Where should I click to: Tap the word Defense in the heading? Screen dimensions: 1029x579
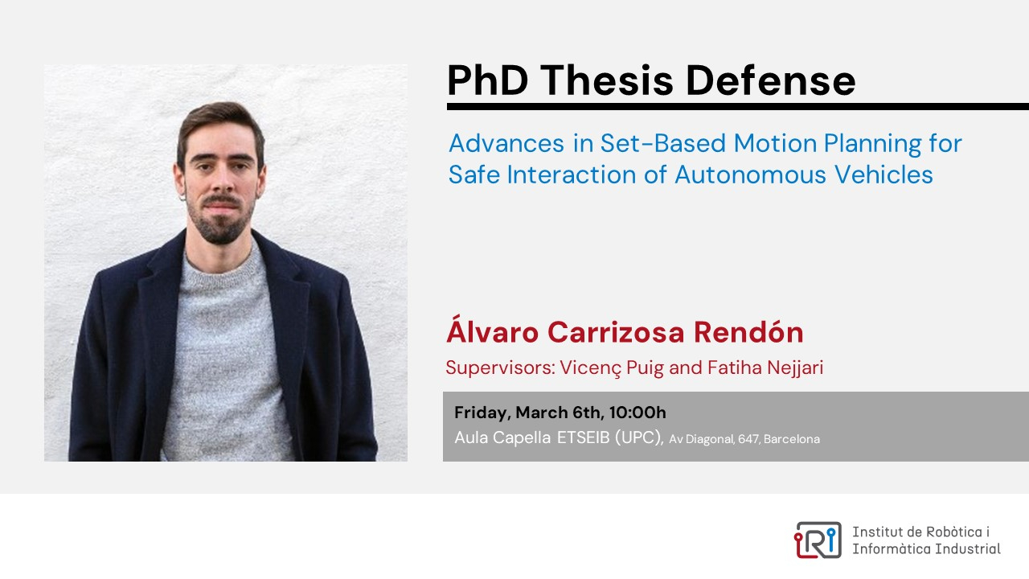pyautogui.click(x=770, y=80)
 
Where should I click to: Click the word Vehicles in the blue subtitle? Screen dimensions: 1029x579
pyautogui.click(x=883, y=175)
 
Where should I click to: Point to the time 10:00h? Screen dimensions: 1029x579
pyautogui.click(x=637, y=413)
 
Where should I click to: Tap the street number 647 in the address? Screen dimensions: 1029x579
pyautogui.click(x=749, y=439)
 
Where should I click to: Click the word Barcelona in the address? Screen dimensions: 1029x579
pyautogui.click(x=792, y=439)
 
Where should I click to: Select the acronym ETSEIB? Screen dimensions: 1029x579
pyautogui.click(x=584, y=437)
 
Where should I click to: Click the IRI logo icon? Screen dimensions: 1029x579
pyautogui.click(x=818, y=540)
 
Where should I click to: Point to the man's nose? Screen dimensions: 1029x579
pyautogui.click(x=223, y=182)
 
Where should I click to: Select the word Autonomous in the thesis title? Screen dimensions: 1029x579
pyautogui.click(x=750, y=175)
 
